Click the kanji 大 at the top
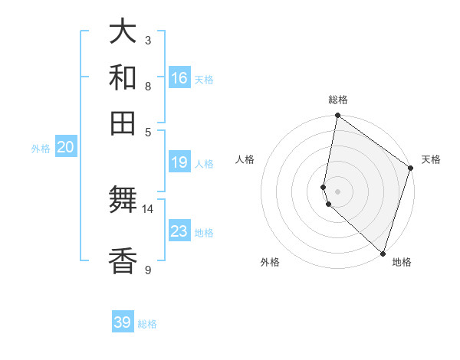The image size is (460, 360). pyautogui.click(x=123, y=32)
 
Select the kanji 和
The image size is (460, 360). pyautogui.click(x=123, y=77)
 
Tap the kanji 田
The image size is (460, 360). pyautogui.click(x=123, y=123)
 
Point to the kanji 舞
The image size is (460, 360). pyautogui.click(x=123, y=201)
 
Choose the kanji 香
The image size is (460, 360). pyautogui.click(x=123, y=262)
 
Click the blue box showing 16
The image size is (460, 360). pyautogui.click(x=179, y=78)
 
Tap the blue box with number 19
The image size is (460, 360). pyautogui.click(x=179, y=162)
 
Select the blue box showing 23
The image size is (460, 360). pyautogui.click(x=179, y=231)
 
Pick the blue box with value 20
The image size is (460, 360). pyautogui.click(x=65, y=148)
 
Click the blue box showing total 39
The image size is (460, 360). pyautogui.click(x=123, y=322)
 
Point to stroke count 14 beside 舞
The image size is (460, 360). pyautogui.click(x=148, y=208)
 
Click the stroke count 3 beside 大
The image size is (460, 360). pyautogui.click(x=148, y=40)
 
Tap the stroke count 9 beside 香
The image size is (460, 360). pyautogui.click(x=148, y=270)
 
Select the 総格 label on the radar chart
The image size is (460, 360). pyautogui.click(x=338, y=100)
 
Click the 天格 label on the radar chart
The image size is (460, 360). pyautogui.click(x=431, y=159)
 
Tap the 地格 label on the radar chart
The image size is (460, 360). pyautogui.click(x=402, y=262)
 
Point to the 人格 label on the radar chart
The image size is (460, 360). pyautogui.click(x=245, y=159)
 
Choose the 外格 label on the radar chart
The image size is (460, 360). pyautogui.click(x=270, y=262)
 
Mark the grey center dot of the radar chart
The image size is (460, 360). pyautogui.click(x=337, y=191)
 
